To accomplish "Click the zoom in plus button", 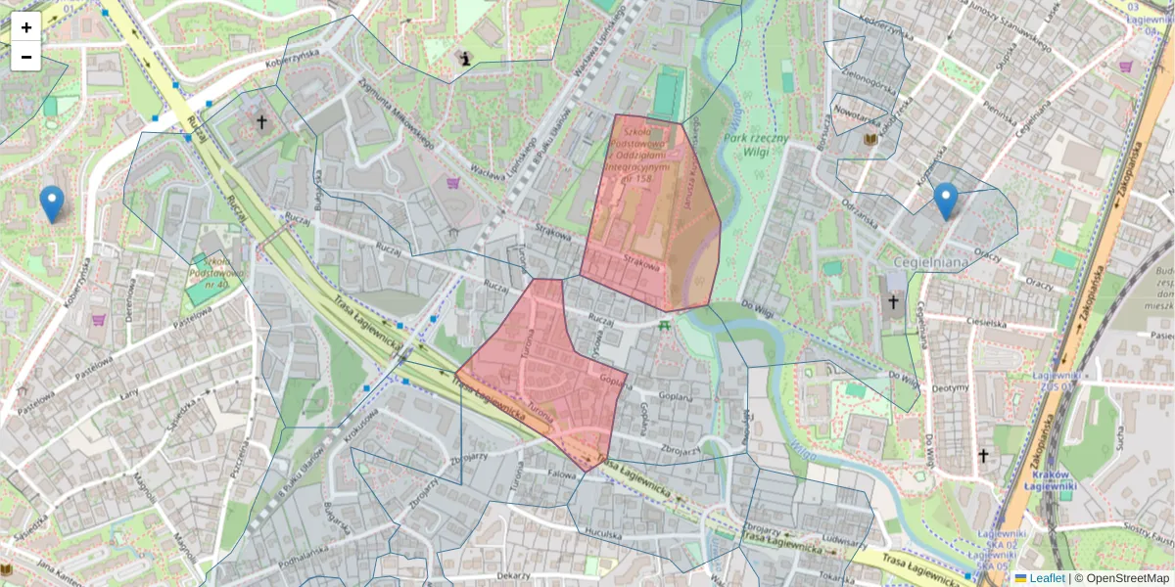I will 26,27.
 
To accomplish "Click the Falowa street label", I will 562,474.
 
